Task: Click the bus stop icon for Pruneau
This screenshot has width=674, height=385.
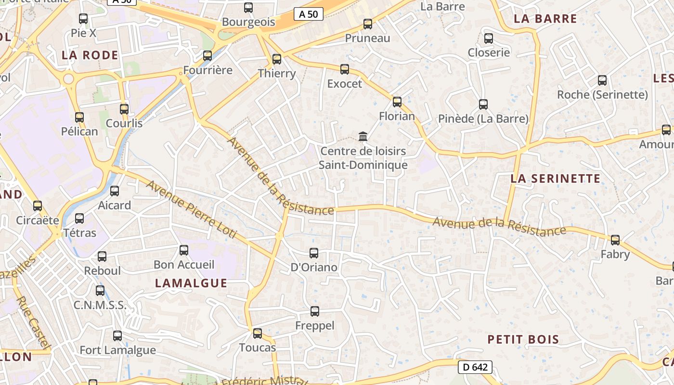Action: pos(368,24)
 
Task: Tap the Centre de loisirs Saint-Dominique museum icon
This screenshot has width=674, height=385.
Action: pos(363,137)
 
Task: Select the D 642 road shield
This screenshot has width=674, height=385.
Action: pos(474,367)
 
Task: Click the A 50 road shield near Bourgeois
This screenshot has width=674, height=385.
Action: pos(308,14)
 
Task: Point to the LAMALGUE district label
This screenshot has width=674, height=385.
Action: pos(191,283)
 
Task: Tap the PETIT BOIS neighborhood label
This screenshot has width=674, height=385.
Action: pos(523,339)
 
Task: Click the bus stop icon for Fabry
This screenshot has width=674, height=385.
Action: pos(615,240)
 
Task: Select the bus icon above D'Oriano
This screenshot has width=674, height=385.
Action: pos(314,253)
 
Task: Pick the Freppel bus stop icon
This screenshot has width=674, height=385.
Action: pos(314,311)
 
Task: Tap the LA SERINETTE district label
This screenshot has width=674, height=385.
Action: pos(555,179)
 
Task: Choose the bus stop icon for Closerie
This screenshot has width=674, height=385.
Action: pos(489,38)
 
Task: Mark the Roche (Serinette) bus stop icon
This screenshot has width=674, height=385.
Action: pos(602,80)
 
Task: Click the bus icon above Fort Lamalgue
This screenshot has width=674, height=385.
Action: pos(117,335)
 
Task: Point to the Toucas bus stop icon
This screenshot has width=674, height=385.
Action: pos(258,333)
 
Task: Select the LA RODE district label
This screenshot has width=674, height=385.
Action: pos(90,55)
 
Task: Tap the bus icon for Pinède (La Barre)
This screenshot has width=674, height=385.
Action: pos(483,104)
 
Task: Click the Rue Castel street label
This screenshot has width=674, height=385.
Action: pos(33,322)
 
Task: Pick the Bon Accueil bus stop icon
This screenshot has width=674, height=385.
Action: pos(184,250)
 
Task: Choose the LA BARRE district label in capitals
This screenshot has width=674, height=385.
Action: pos(545,19)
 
